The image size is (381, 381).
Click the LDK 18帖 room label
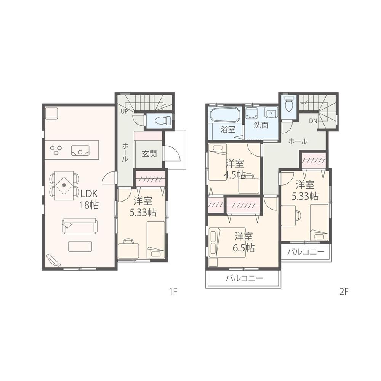pos(89,199)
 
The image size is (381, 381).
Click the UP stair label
pos(124,111)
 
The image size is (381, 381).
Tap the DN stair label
pos(313,121)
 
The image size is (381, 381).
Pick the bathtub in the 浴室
pos(225,114)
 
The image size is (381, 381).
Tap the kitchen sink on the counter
pos(80,151)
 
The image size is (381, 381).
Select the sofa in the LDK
pos(80,226)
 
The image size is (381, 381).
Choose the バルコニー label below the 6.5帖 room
pos(244,278)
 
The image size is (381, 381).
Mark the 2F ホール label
pos(298,141)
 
